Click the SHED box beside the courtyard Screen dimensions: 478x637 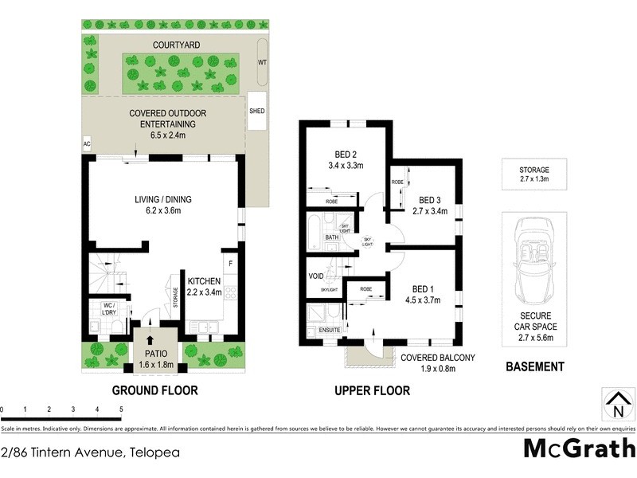(257, 112)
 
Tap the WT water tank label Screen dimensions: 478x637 (262, 61)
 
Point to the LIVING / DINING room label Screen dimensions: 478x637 (162, 206)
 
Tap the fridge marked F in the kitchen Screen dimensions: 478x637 (231, 262)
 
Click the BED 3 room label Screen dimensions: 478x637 (431, 206)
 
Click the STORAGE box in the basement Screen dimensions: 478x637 (534, 174)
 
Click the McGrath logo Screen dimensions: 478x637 (579, 449)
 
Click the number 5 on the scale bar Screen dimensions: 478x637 (121, 409)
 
